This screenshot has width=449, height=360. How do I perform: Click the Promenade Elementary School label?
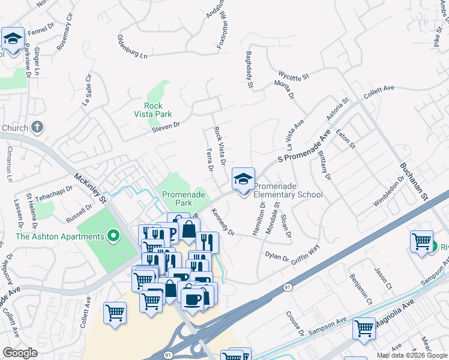[288, 190]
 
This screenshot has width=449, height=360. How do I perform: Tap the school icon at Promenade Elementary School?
[243, 179]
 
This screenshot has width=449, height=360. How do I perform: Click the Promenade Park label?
[184, 199]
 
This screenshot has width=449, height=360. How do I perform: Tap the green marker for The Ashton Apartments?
[112, 236]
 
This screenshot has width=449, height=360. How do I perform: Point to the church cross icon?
[37, 127]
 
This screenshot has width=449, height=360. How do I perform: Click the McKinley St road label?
[89, 187]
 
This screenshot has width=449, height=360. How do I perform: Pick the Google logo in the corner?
[20, 352]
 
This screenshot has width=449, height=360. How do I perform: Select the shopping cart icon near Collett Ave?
[115, 313]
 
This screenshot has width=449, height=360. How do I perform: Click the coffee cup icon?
[192, 299]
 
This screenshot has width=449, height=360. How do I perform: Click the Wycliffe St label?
[293, 76]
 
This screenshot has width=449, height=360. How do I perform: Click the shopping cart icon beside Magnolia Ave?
[363, 329]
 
